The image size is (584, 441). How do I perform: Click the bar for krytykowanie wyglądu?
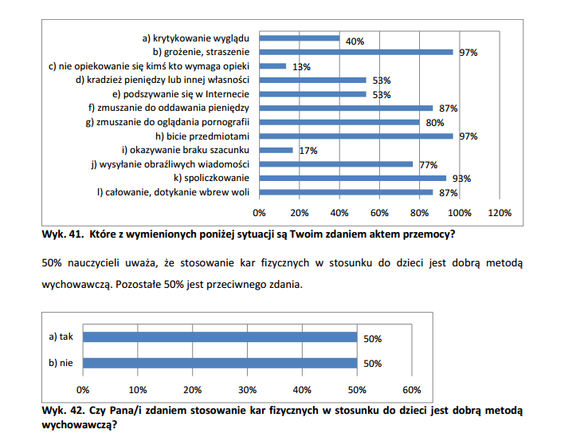coord(300,38)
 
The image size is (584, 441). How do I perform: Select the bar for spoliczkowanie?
coord(353,178)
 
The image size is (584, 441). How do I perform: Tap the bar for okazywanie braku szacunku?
coord(276,150)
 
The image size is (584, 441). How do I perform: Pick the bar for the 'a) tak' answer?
coord(220,337)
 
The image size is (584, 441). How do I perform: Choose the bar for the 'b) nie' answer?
coord(220,363)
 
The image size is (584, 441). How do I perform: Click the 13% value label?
coord(301,67)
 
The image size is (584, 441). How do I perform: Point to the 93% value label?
coord(461,179)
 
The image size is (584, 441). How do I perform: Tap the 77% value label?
coord(429,165)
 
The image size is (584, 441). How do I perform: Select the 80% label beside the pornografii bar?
coord(435,123)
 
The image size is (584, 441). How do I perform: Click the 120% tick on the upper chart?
coord(500,213)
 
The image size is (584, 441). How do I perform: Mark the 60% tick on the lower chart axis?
coord(412,390)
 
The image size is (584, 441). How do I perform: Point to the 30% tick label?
coord(247,390)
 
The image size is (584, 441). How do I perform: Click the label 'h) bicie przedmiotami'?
coord(202,136)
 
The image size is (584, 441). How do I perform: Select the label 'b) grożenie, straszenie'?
coord(201,52)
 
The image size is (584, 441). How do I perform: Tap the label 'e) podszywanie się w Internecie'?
coord(181,94)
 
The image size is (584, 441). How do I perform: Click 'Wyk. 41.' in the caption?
coord(63,234)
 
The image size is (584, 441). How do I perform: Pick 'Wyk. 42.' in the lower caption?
coord(63,411)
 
